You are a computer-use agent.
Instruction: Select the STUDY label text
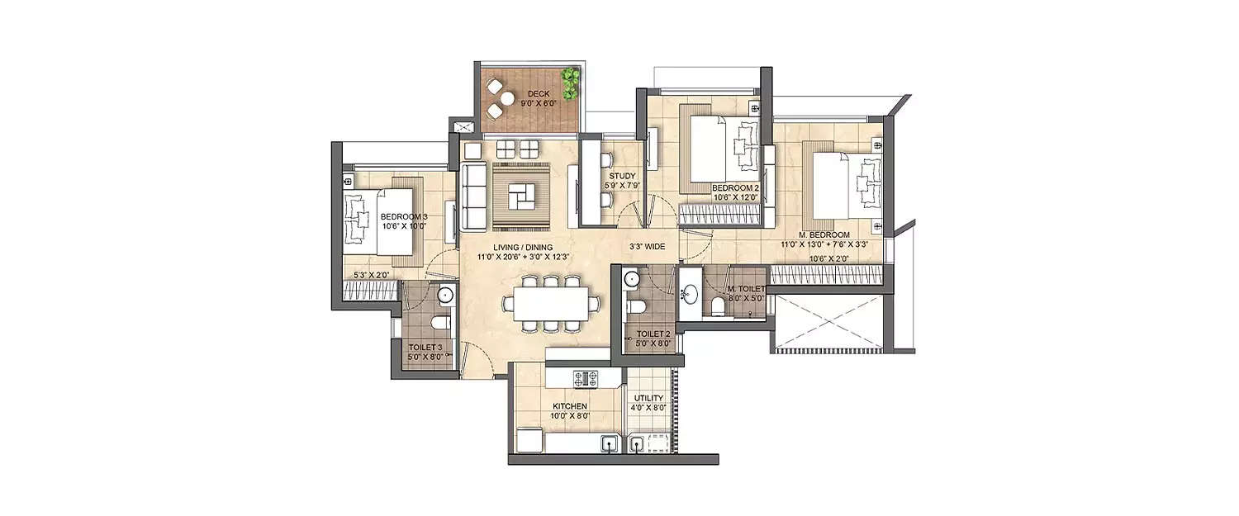(622, 176)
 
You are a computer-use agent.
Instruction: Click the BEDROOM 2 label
(734, 188)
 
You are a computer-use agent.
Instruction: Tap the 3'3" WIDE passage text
(648, 246)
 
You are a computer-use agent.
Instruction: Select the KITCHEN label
(570, 406)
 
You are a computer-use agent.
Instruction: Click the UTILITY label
(650, 398)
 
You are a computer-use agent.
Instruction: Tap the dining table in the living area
(551, 303)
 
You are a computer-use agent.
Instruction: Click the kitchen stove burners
(586, 378)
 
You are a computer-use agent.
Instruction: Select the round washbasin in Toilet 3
(445, 293)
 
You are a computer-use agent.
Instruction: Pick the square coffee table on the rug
(522, 196)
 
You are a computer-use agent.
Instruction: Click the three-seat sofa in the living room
(474, 196)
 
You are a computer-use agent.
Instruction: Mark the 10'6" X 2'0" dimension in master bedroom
(829, 258)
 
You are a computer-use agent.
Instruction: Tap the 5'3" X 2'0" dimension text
(371, 274)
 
